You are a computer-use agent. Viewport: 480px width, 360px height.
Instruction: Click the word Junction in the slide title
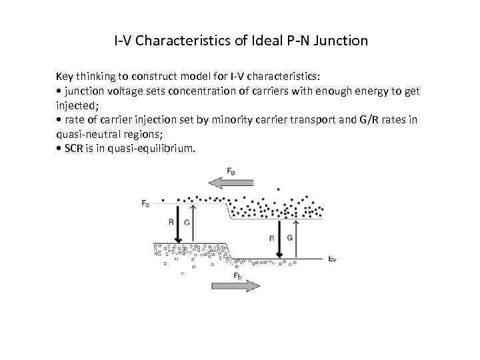coord(340,41)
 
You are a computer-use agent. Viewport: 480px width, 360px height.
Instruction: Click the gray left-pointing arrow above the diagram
coord(230,181)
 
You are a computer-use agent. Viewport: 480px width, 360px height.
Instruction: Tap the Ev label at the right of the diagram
coord(332,258)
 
